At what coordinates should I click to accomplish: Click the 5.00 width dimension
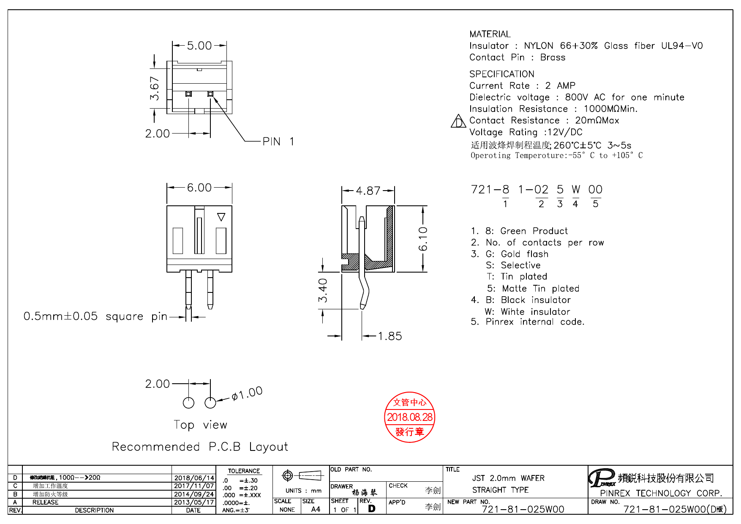[199, 46]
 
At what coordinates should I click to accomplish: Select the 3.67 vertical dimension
[155, 88]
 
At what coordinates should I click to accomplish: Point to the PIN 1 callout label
[278, 142]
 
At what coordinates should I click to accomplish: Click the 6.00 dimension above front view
[199, 188]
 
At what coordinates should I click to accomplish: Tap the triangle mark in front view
[221, 217]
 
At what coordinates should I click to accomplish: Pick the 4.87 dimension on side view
[368, 191]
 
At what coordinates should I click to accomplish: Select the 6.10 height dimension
[423, 239]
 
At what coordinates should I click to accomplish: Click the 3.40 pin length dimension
[323, 290]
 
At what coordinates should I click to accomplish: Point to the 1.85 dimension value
[390, 336]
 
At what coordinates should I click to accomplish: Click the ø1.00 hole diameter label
[247, 394]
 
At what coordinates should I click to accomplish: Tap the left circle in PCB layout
[188, 403]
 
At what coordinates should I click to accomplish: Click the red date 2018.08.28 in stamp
[409, 418]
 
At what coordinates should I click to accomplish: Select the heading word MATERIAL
[490, 34]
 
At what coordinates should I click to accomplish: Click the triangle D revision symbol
[458, 122]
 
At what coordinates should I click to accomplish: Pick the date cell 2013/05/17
[194, 502]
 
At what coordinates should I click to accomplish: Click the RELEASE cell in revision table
[45, 502]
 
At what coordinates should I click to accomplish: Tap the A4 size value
[315, 510]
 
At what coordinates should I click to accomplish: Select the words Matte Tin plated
[540, 289]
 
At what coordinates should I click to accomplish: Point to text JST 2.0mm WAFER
[508, 478]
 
